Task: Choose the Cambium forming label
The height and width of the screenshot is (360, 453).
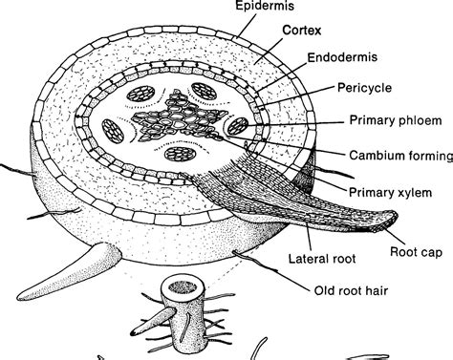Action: pos(391,154)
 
